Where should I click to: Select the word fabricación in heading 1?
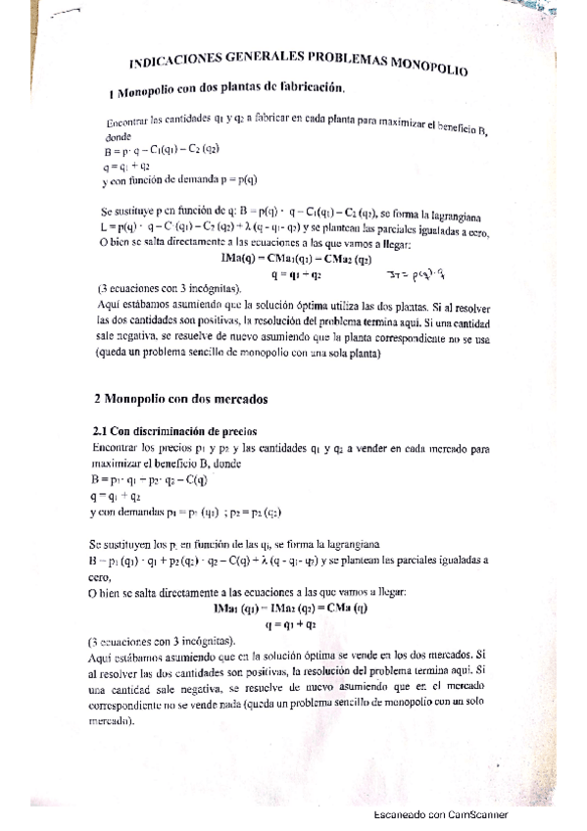307,89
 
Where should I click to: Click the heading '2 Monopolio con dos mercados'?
173,399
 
